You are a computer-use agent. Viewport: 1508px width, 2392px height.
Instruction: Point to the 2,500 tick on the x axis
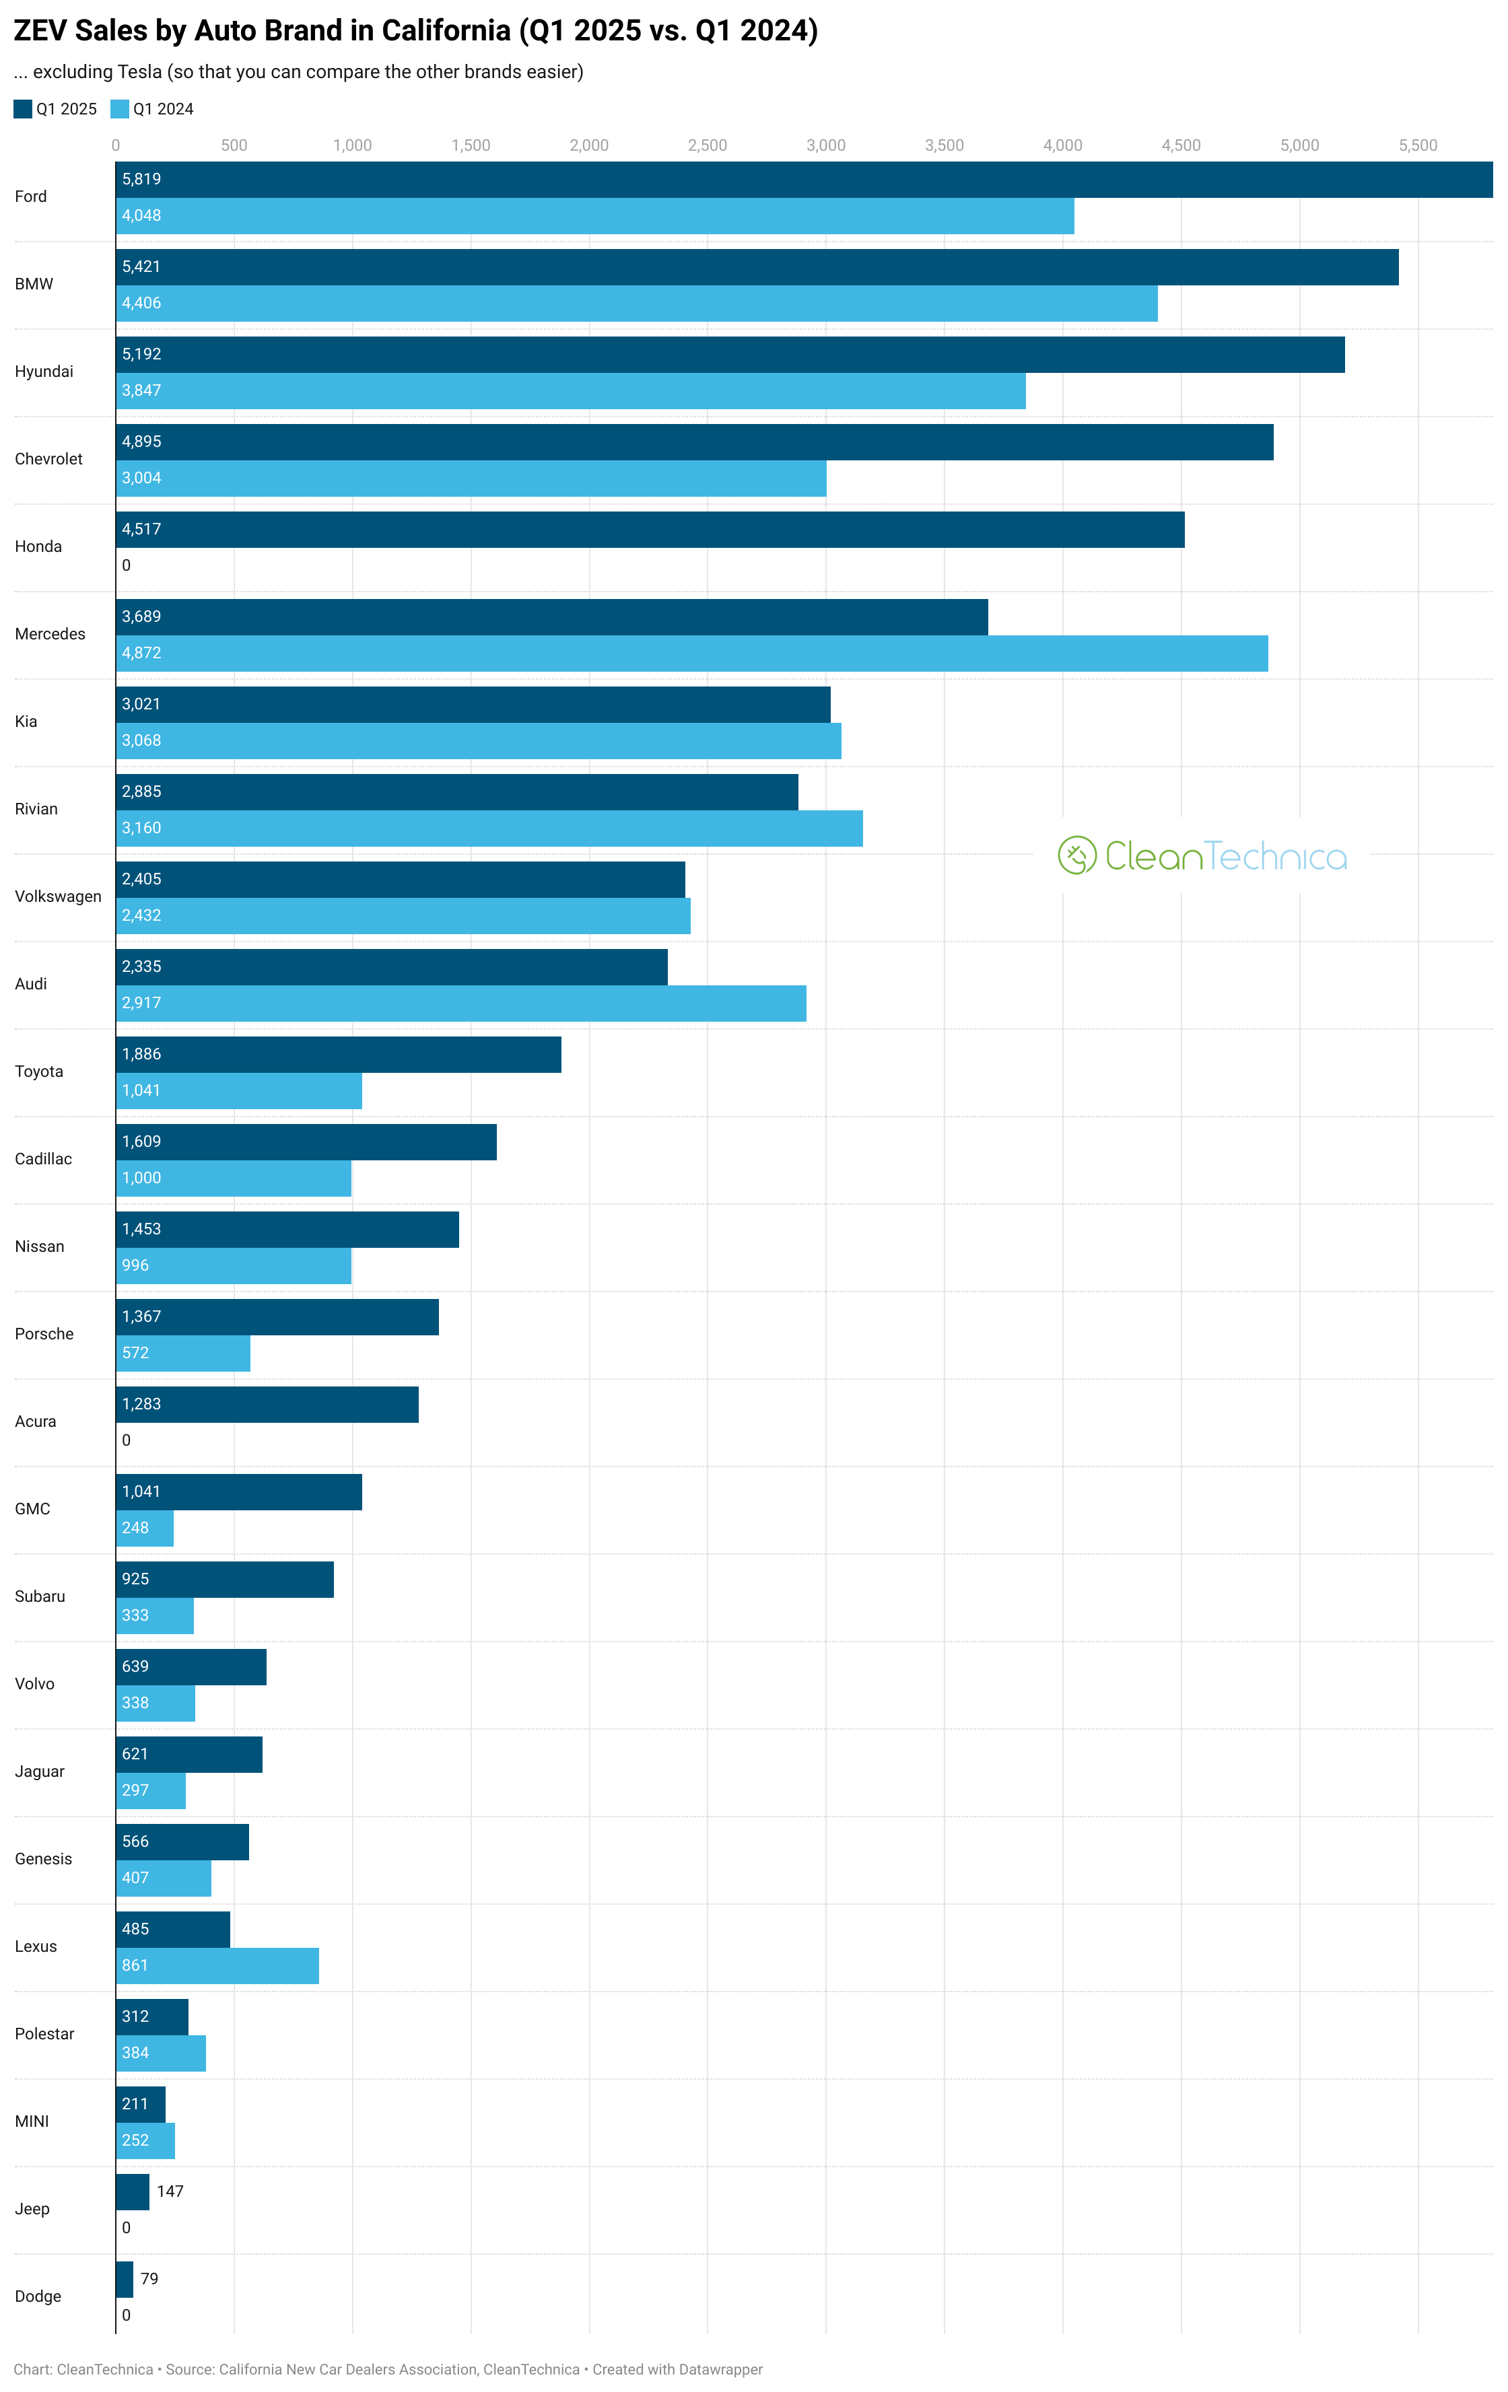pyautogui.click(x=708, y=145)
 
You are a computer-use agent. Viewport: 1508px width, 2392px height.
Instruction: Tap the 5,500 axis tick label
pyautogui.click(x=1418, y=145)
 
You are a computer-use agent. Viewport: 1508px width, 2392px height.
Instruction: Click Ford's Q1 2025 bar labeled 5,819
pyautogui.click(x=804, y=180)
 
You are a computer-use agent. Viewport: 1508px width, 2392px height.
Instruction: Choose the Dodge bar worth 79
pyautogui.click(x=124, y=2280)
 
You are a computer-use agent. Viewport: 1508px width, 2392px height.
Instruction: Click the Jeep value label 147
pyautogui.click(x=170, y=2192)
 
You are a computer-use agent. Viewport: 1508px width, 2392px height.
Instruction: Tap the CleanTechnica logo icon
pyautogui.click(x=1077, y=855)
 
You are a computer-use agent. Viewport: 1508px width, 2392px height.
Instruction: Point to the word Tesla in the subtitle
pyautogui.click(x=139, y=71)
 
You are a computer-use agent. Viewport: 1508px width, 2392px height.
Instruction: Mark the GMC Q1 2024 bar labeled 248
pyautogui.click(x=145, y=1528)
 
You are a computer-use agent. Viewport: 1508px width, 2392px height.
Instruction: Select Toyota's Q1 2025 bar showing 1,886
pyautogui.click(x=339, y=1055)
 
